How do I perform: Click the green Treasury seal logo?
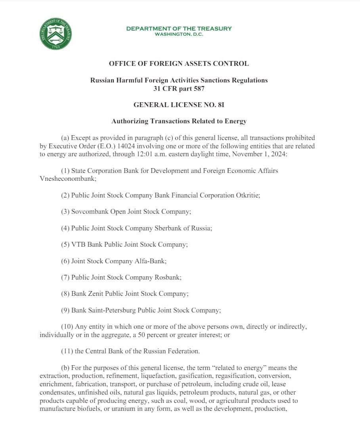56,34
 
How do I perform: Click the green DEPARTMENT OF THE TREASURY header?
179,29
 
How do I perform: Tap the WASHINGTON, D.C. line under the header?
179,34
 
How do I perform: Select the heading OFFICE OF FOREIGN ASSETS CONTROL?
179,63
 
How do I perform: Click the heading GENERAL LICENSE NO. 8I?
179,105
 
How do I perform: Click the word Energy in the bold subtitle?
235,121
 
